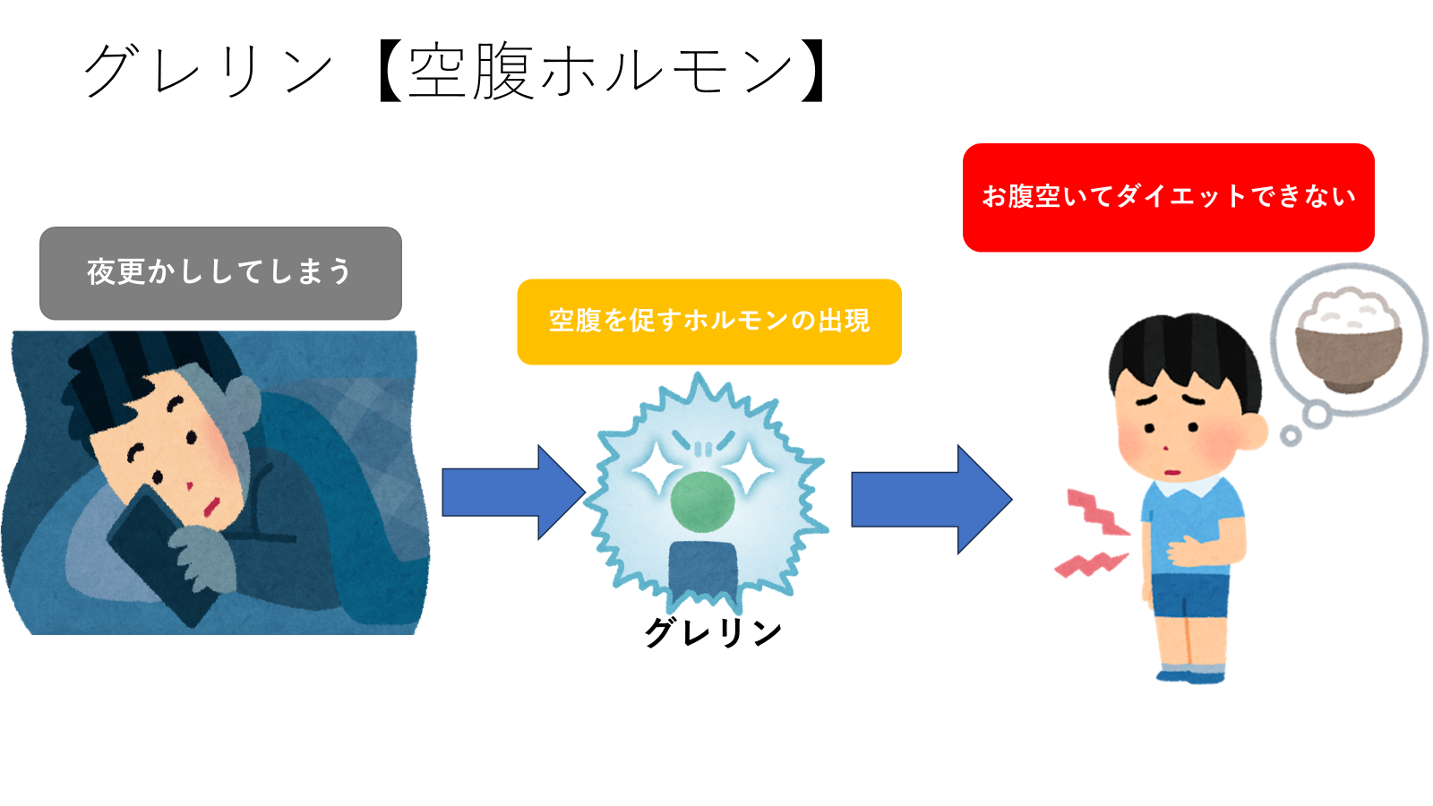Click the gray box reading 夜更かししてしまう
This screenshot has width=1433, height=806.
pos(220,273)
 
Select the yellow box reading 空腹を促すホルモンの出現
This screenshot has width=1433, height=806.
pos(709,322)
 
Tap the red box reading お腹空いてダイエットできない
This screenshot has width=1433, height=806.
pos(1168,198)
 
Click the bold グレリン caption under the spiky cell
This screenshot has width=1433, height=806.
pos(713,632)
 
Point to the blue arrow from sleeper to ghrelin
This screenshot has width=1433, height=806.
pos(514,493)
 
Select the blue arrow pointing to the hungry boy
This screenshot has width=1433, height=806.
pos(931,500)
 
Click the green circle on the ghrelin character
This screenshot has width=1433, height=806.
pos(702,502)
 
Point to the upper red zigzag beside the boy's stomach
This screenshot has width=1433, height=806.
pos(1096,511)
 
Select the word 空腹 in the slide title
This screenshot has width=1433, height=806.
pos(471,72)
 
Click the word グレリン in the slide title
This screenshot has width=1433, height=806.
pos(208,72)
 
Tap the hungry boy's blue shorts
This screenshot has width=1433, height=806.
pos(1189,595)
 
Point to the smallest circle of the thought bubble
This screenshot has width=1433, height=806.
pos(1291,436)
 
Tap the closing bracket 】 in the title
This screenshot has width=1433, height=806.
pos(812,72)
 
